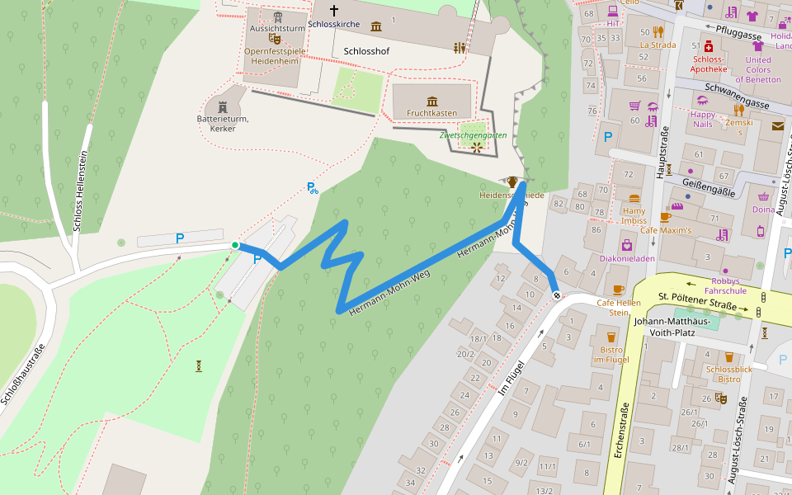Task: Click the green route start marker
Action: coord(235,245)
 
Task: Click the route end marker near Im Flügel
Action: coord(557,295)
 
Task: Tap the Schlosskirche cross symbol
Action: coord(334,11)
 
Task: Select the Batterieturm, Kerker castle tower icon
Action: coord(222,107)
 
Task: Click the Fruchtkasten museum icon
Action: coord(431,101)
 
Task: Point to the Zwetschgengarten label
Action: coord(473,134)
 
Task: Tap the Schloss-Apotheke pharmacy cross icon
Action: coord(708,48)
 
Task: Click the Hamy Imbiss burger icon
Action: coord(634,198)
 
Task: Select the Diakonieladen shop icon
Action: coord(627,245)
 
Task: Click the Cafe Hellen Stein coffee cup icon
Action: coord(619,290)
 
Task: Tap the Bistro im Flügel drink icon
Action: coord(611,337)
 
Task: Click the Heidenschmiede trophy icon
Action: coord(512,181)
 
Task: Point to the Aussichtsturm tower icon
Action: coord(278,16)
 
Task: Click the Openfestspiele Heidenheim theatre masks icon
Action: coord(274,38)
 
